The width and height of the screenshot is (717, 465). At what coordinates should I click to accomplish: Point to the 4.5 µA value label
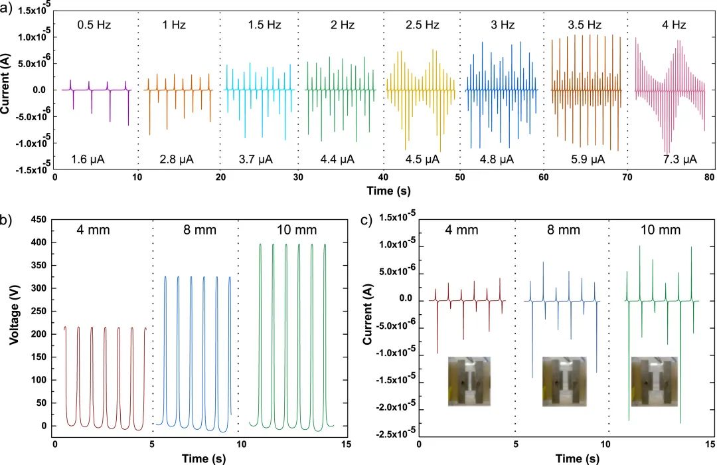[x=422, y=159]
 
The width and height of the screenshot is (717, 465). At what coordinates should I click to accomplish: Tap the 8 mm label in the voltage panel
[x=195, y=231]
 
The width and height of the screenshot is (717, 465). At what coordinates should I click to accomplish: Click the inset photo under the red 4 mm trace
[x=467, y=380]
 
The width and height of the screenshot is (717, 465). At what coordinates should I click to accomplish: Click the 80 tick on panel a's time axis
[x=709, y=177]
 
